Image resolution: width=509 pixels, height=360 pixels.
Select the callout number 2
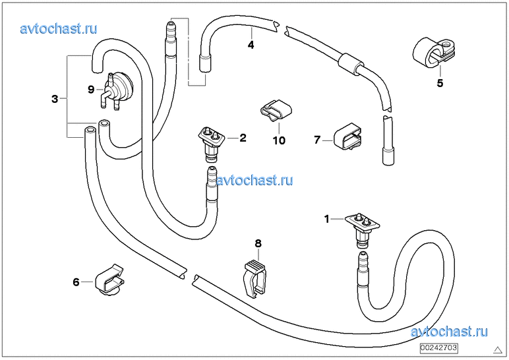tap(243, 138)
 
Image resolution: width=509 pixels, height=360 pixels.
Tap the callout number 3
tap(55, 99)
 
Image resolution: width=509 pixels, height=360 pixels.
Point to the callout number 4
tap(251, 45)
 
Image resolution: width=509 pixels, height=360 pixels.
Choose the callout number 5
tap(440, 83)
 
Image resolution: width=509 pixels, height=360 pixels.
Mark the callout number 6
tap(76, 282)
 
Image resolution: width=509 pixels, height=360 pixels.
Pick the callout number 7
tap(317, 140)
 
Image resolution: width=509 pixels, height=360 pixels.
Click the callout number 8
tap(258, 243)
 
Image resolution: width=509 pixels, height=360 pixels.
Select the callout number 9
tap(92, 88)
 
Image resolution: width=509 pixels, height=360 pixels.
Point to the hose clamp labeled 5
tap(431, 52)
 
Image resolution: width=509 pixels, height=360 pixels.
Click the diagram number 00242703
tap(438, 347)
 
